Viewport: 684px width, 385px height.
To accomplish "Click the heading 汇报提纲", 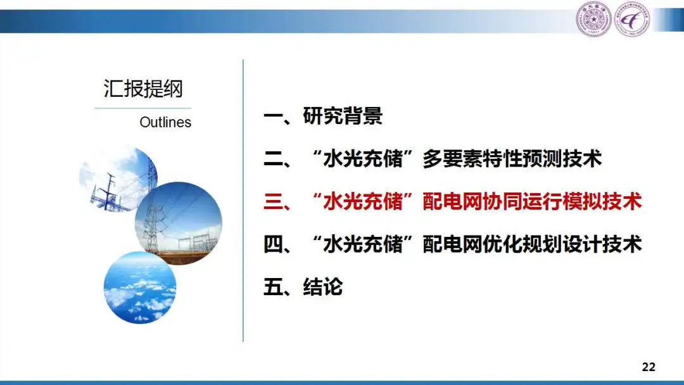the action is click(143, 89).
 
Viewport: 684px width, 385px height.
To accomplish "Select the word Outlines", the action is click(165, 122).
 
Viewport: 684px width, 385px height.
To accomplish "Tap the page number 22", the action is click(649, 367).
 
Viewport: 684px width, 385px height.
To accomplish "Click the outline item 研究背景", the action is click(343, 116).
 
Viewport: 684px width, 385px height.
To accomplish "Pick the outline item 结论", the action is click(323, 287).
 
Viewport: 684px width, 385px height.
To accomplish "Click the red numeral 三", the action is click(274, 201).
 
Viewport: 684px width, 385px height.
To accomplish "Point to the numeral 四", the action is click(274, 244).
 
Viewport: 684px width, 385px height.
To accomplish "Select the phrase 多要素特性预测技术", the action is click(512, 159).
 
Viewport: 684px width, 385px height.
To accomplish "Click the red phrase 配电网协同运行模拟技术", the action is click(532, 201).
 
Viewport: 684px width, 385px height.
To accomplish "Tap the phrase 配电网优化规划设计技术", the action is click(532, 244).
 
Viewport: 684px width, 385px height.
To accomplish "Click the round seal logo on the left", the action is click(593, 19).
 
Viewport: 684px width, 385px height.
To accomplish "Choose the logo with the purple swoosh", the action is click(632, 19).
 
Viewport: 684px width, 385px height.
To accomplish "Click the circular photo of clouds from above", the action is click(140, 287).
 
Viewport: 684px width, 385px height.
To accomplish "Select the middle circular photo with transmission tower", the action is click(179, 224).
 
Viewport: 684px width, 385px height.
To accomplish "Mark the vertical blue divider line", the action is click(243, 201).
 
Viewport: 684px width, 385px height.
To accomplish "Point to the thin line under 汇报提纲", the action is click(143, 108).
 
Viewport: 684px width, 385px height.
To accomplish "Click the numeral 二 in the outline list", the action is click(274, 159).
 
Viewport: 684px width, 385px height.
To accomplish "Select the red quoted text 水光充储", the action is click(363, 201).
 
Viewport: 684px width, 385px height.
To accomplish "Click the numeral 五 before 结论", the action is click(274, 287).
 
